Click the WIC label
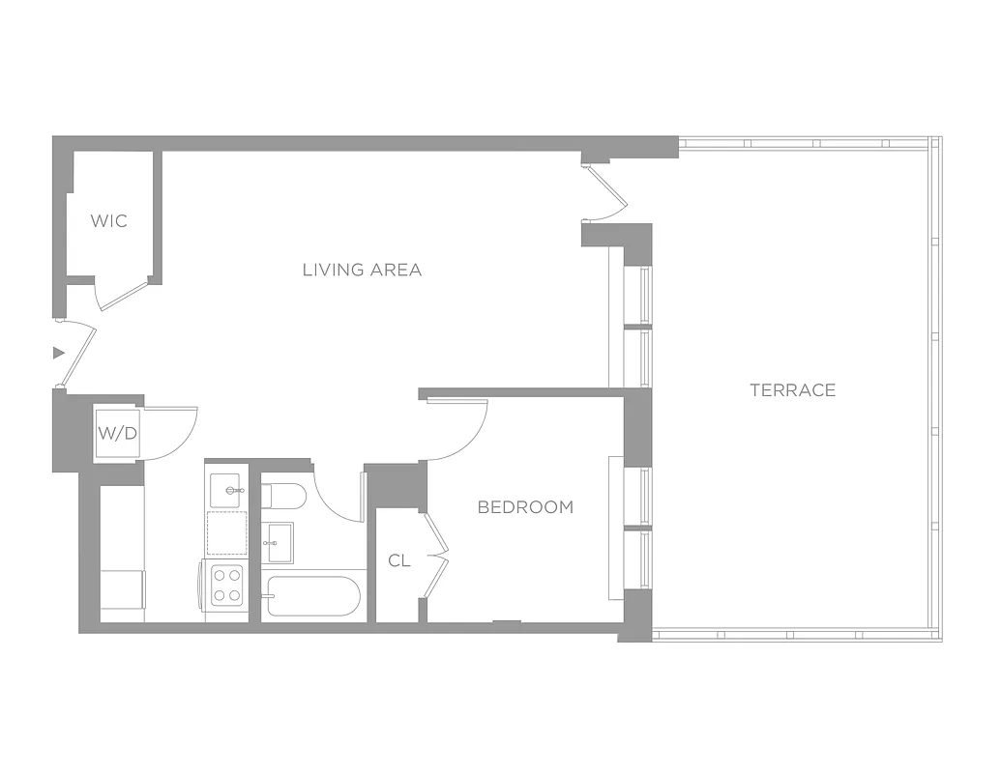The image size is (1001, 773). click(108, 221)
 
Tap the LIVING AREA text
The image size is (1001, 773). click(362, 271)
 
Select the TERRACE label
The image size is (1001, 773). click(792, 390)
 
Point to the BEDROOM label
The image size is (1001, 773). click(525, 507)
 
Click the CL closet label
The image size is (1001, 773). click(399, 561)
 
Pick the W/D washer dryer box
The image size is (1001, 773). click(118, 433)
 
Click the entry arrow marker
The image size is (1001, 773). click(58, 354)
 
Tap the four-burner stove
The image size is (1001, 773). click(227, 584)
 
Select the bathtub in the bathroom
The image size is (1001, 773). click(312, 596)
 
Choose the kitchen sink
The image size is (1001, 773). click(228, 489)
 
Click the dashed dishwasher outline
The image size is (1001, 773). click(227, 532)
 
